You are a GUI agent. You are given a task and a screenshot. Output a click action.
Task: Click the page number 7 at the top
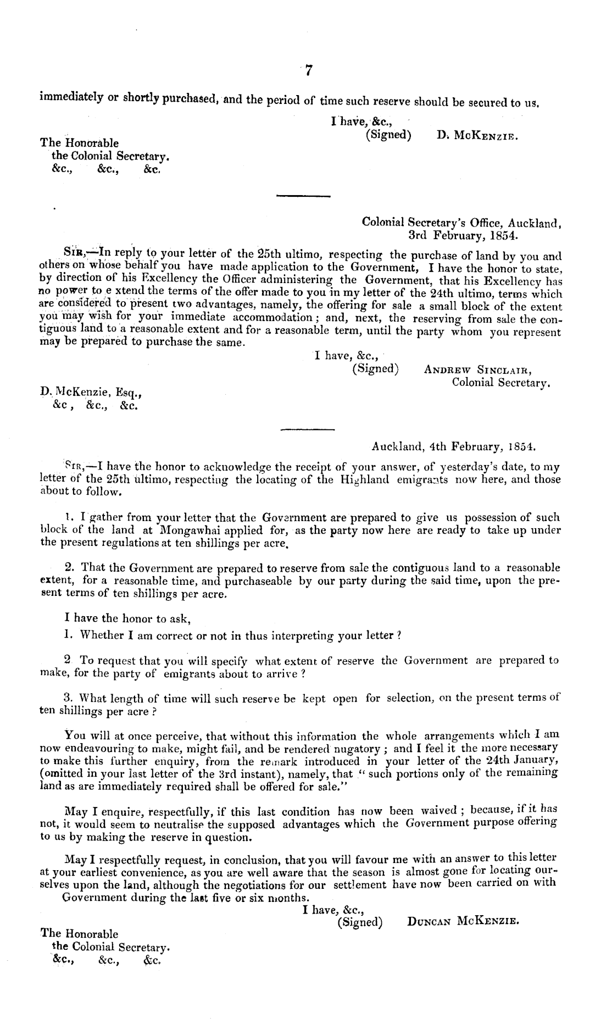tap(309, 71)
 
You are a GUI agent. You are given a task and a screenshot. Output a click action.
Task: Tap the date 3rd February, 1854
tap(463, 236)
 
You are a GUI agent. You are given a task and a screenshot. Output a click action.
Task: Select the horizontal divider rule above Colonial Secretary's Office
tap(303, 196)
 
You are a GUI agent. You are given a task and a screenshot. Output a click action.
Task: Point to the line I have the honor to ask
tap(127, 618)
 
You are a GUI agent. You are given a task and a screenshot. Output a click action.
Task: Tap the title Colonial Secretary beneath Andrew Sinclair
tap(500, 382)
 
